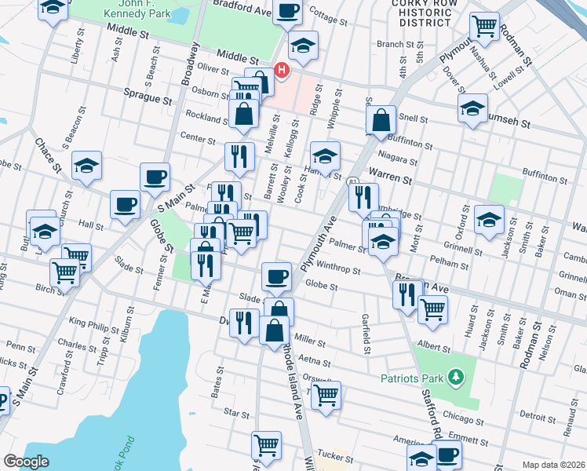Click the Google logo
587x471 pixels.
click(x=26, y=461)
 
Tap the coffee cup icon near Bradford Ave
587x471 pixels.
click(x=287, y=10)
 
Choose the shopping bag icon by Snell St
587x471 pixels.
click(x=381, y=120)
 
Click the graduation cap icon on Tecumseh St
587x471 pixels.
click(x=472, y=108)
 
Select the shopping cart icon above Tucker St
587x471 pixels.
click(x=267, y=444)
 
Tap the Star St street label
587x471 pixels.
click(x=235, y=411)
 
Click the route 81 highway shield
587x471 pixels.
click(x=353, y=182)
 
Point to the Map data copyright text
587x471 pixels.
click(x=553, y=464)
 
